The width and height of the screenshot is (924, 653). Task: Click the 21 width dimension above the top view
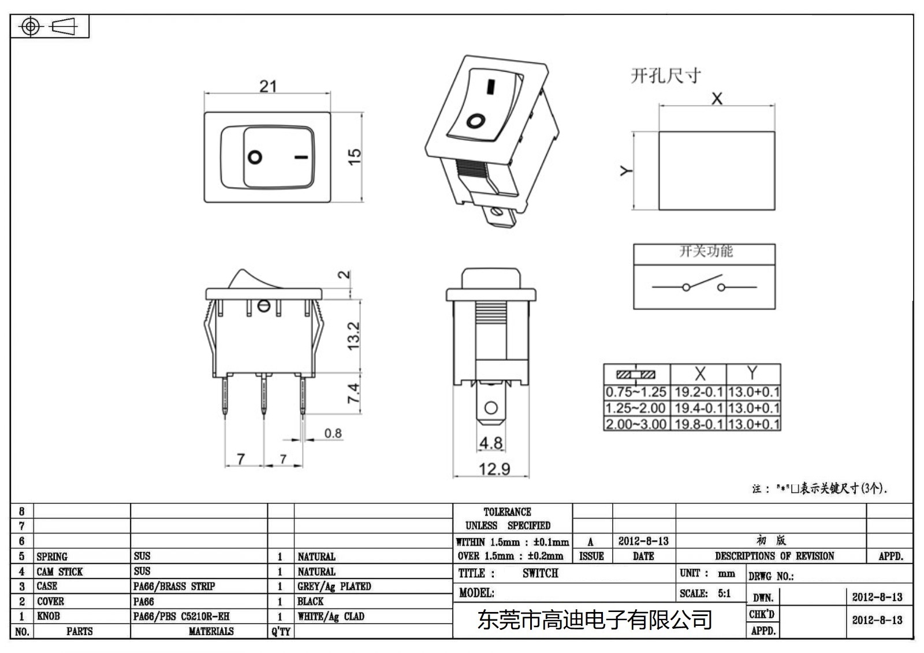[268, 87]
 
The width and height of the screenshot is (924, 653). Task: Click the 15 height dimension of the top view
[354, 156]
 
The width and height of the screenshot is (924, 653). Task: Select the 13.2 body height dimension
[353, 336]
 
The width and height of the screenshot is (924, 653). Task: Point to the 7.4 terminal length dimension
[353, 393]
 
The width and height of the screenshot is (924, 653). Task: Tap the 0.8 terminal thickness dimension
[333, 433]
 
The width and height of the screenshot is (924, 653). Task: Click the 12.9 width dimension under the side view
[494, 469]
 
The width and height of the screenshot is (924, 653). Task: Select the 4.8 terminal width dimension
[490, 443]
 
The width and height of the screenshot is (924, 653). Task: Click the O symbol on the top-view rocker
[255, 157]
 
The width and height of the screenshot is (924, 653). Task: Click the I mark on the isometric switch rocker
[490, 87]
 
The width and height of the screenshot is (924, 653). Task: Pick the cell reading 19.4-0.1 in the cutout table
[698, 408]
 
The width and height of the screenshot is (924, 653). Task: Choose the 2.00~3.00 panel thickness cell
[636, 424]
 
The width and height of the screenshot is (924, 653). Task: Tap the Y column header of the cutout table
[752, 373]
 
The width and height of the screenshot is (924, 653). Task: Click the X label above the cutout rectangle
[717, 99]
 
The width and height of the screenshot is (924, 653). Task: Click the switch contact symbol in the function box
[704, 285]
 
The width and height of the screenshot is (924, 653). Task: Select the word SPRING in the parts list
[52, 557]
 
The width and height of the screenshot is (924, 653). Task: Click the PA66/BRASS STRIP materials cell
[174, 586]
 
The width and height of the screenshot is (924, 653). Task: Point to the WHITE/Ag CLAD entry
[331, 616]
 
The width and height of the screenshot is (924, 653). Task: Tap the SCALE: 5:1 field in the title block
[705, 593]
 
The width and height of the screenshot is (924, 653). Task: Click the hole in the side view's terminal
[491, 408]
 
